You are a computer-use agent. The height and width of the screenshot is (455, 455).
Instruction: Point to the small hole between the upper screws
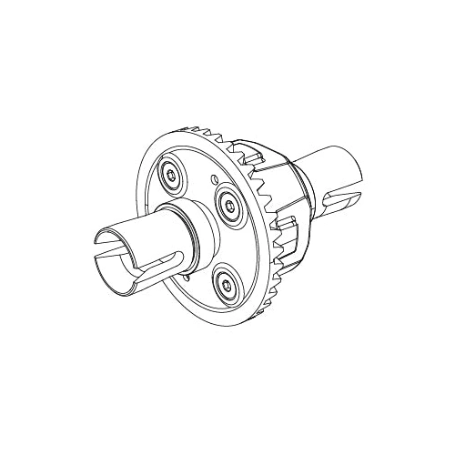(212, 178)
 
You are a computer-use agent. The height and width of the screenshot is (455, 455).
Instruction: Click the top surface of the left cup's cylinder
(136, 227)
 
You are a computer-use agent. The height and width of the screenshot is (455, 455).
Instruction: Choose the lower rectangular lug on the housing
(285, 225)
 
